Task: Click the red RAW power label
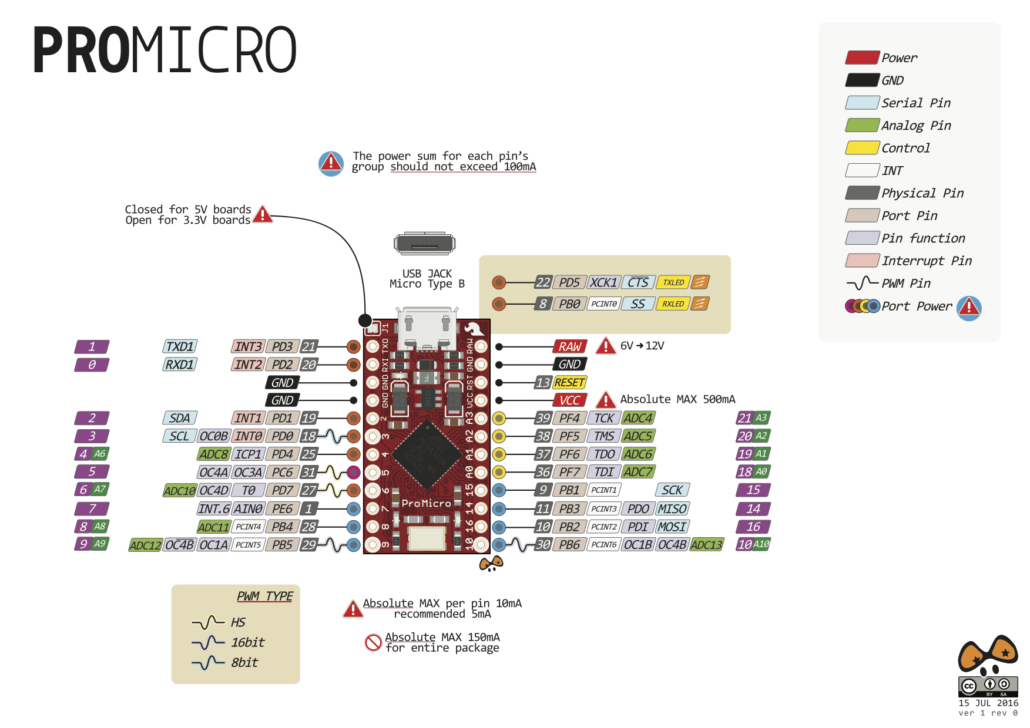[569, 346]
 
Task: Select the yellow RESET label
[569, 382]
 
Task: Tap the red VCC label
[569, 400]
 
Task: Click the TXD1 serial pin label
[179, 346]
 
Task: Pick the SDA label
[179, 418]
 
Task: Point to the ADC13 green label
[706, 545]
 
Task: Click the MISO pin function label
[672, 509]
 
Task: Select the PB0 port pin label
[569, 304]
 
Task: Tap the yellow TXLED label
[673, 282]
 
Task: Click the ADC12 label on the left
[145, 545]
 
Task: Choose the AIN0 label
[248, 509]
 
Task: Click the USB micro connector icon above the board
[424, 243]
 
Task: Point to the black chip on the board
[427, 454]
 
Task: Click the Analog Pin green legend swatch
[862, 125]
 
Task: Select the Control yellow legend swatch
[862, 148]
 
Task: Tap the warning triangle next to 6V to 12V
[606, 346]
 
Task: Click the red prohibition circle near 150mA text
[373, 642]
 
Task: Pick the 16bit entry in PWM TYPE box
[247, 642]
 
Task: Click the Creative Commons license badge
[988, 686]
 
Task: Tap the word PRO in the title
[81, 50]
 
